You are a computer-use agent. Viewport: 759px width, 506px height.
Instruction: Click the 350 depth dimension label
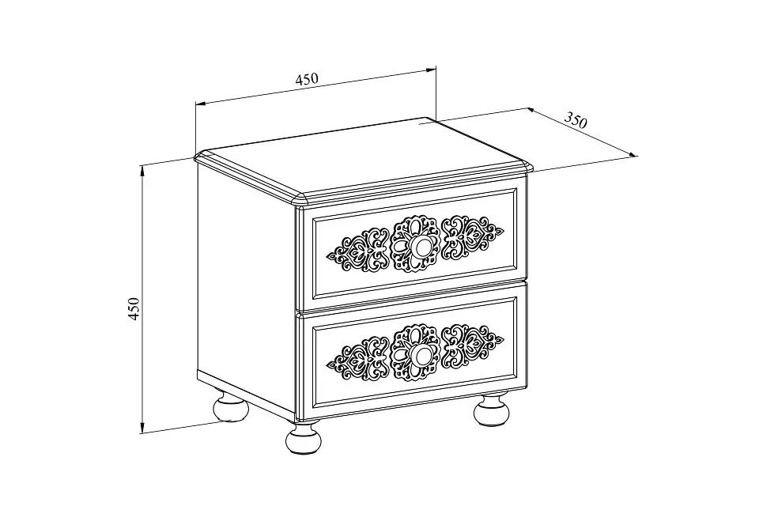pyautogui.click(x=576, y=119)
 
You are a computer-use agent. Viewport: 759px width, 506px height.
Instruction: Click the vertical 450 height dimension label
pyautogui.click(x=134, y=308)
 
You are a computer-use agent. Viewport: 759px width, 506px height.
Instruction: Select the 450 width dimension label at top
pyautogui.click(x=307, y=79)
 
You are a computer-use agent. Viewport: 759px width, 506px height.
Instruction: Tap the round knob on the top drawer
pyautogui.click(x=419, y=247)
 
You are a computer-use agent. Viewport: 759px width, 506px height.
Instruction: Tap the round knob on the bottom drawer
pyautogui.click(x=419, y=356)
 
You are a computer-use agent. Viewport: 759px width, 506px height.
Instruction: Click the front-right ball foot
pyautogui.click(x=492, y=410)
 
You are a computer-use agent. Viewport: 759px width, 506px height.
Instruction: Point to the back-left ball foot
pyautogui.click(x=232, y=408)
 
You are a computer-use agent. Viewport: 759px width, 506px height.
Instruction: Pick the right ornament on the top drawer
pyautogui.click(x=473, y=238)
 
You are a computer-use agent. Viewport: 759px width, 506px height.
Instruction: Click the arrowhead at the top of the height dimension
pyautogui.click(x=143, y=169)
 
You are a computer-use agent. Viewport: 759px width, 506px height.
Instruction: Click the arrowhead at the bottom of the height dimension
pyautogui.click(x=142, y=428)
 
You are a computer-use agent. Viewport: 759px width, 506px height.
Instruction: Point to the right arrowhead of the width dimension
pyautogui.click(x=431, y=70)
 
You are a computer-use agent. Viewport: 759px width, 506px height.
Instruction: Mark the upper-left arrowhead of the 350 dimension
pyautogui.click(x=531, y=111)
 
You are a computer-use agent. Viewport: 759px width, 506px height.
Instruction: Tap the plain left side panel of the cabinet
pyautogui.click(x=247, y=290)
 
